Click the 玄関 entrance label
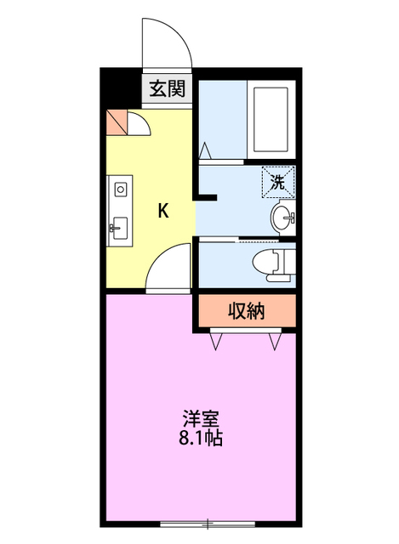[x=168, y=88]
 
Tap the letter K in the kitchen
[x=162, y=212]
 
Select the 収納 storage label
[x=246, y=311]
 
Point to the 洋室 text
[x=201, y=420]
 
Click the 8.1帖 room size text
[x=201, y=439]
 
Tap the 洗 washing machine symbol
[x=277, y=179]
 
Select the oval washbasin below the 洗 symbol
[x=281, y=218]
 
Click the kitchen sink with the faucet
[x=119, y=228]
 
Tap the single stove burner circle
[x=119, y=188]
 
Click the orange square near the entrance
[x=117, y=123]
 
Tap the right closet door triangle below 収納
[x=275, y=342]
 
